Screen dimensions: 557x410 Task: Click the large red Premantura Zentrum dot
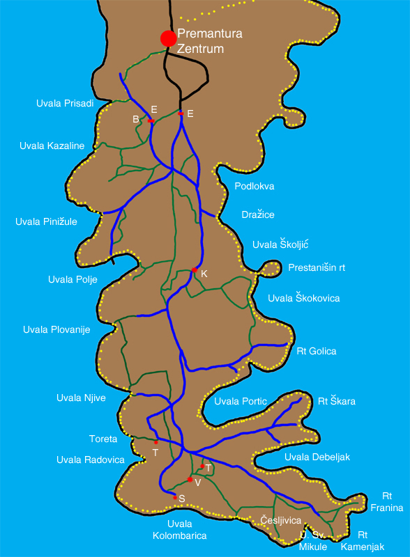pos(167,38)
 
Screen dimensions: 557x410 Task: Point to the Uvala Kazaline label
pos(52,146)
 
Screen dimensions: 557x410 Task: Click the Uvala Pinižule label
pos(46,221)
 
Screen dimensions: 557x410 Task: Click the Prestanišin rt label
pos(317,267)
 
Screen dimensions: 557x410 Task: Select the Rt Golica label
pos(317,351)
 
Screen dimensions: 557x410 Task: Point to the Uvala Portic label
pos(241,401)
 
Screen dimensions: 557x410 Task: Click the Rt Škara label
pos(337,401)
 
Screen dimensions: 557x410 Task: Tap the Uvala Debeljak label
pos(317,457)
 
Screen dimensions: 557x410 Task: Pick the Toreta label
pos(103,439)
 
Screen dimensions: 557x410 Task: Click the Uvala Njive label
pos(81,398)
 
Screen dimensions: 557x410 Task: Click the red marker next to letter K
pos(194,270)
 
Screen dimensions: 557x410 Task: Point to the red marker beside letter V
pos(190,480)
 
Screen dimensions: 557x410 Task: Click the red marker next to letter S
pos(175,497)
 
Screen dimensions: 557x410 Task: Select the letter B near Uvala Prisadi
pos(136,119)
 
